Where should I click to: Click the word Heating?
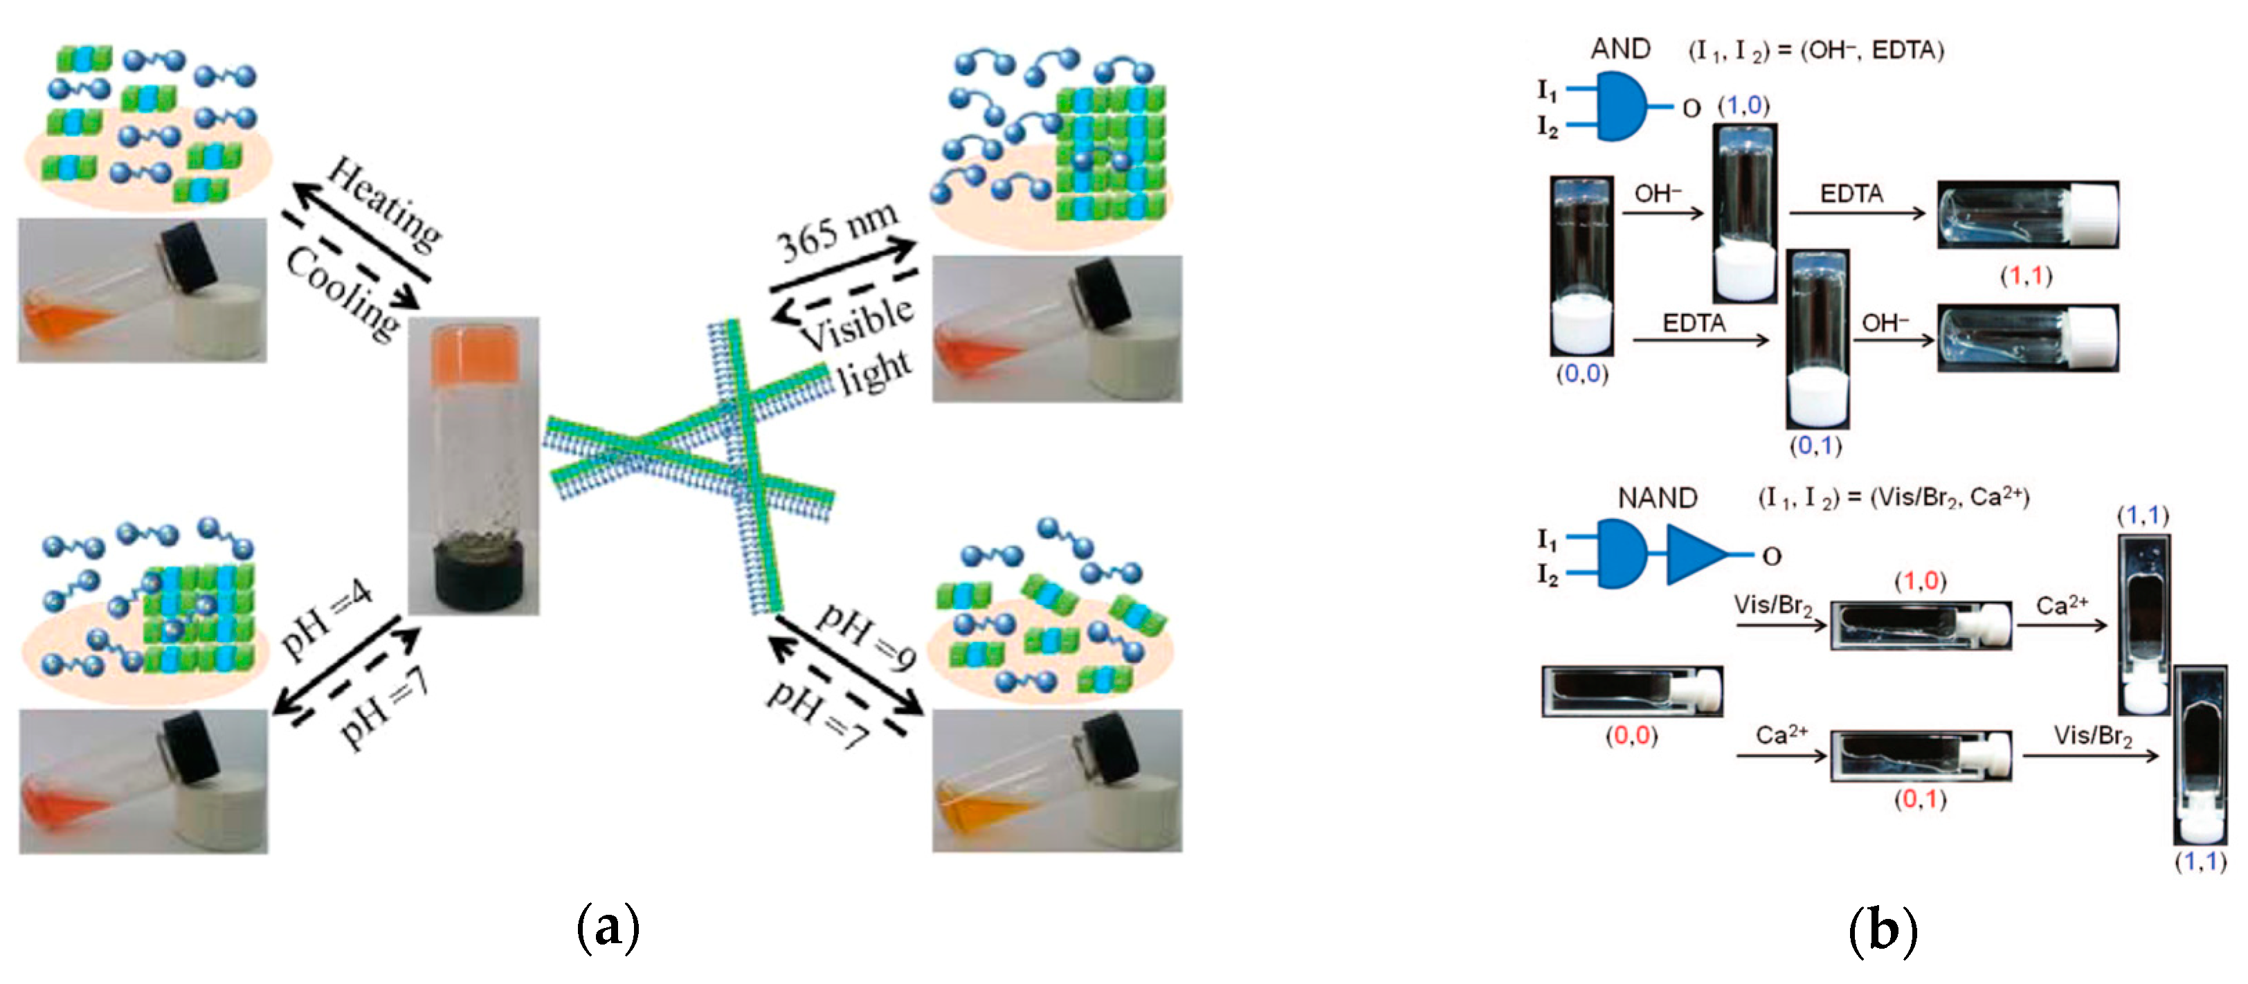coord(384,202)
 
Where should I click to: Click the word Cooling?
coord(343,292)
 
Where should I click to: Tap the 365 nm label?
coord(836,230)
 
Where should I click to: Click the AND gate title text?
coord(1620,49)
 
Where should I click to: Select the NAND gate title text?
coord(1656,498)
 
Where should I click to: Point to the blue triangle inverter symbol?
coord(1696,554)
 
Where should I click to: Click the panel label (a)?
coord(608,928)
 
